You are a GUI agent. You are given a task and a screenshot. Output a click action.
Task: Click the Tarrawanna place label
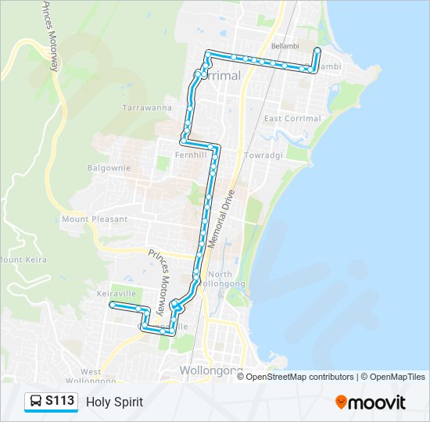147,108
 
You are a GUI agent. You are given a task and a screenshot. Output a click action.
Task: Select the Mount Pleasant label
95,219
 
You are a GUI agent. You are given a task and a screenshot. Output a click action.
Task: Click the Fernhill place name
192,155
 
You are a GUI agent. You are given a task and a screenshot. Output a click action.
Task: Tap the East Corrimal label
292,119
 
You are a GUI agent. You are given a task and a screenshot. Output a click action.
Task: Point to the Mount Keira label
23,259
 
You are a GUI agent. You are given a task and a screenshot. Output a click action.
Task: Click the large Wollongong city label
211,370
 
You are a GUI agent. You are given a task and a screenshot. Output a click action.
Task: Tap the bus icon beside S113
36,402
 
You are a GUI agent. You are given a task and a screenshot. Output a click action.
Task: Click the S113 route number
59,402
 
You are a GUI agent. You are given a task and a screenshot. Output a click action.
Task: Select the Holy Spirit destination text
115,402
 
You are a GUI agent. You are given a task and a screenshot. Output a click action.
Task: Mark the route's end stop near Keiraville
113,304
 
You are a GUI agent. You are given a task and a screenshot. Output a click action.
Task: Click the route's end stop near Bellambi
317,51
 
